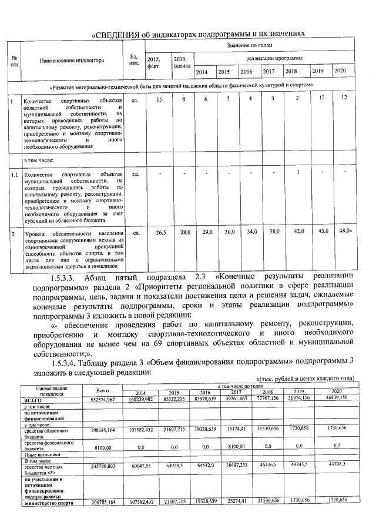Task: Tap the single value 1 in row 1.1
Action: click(298, 172)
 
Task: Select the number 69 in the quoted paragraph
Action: click(172, 343)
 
